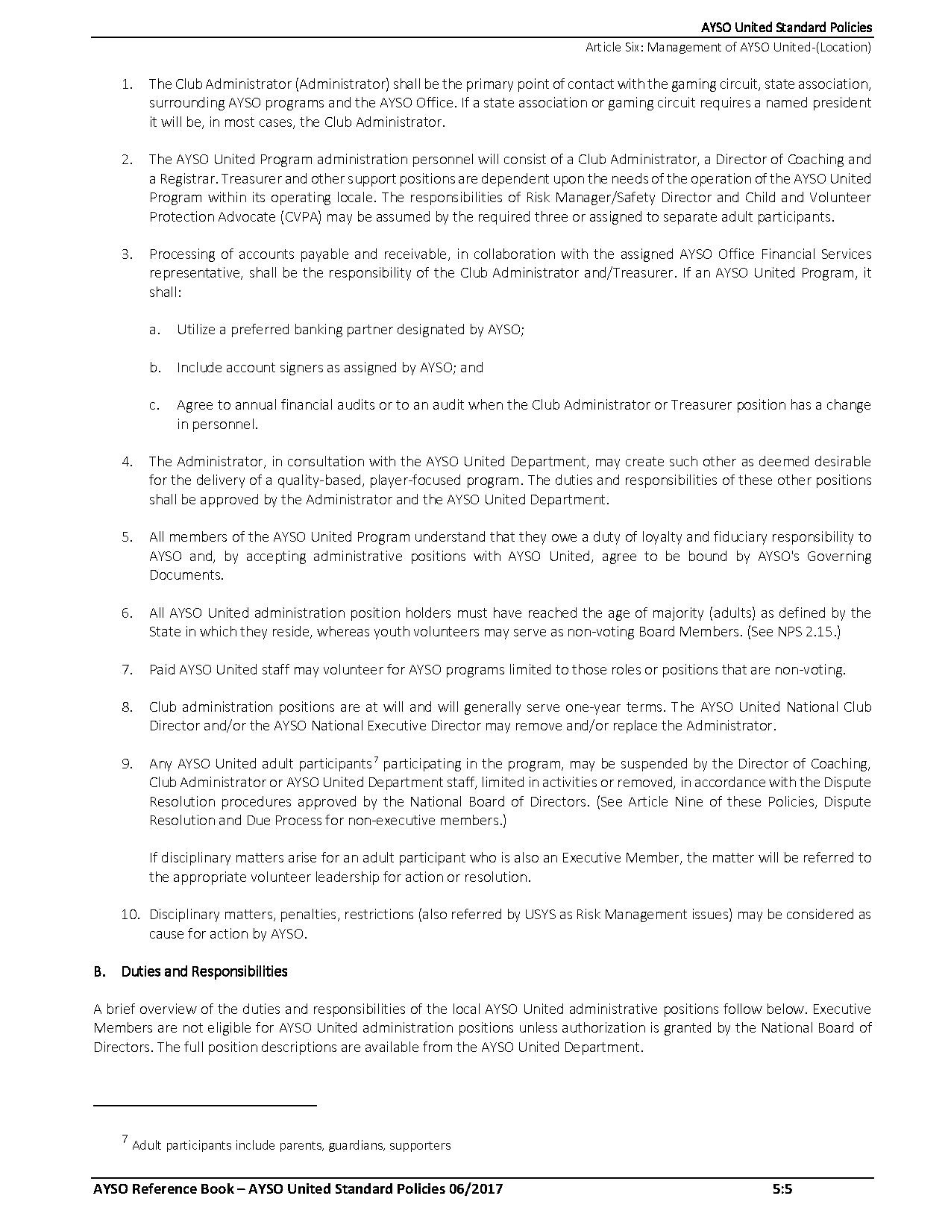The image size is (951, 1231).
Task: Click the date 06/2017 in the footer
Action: coord(477,1188)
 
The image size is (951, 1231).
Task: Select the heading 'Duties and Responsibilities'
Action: coord(204,971)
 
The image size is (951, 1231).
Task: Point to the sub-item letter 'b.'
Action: coord(154,367)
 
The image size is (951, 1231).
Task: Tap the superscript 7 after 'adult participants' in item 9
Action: coord(376,760)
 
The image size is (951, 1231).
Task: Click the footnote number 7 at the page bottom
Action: coord(125,1139)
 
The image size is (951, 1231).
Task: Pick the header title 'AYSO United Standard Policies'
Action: coord(786,28)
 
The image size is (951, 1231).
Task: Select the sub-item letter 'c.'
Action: coord(154,405)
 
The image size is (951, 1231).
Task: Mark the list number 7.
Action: coord(128,669)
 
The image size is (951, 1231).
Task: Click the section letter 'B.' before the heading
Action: coord(100,971)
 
